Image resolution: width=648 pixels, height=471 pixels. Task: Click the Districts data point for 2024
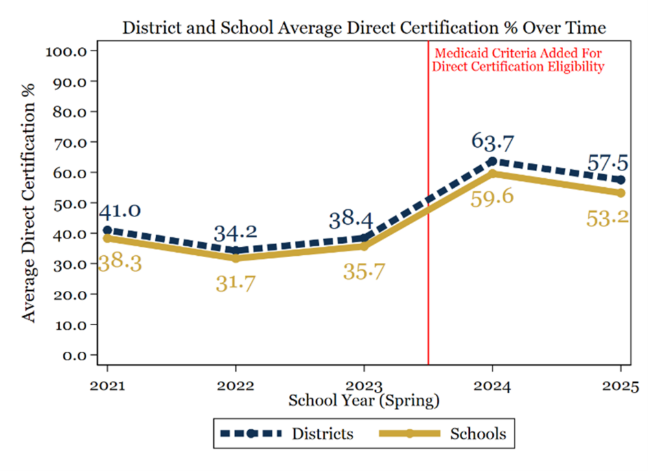point(492,161)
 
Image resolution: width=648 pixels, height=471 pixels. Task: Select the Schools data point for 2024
point(492,173)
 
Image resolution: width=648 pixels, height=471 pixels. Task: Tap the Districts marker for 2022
point(235,251)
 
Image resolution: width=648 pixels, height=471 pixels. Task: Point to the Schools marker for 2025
point(621,193)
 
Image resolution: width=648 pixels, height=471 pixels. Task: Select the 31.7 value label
point(235,282)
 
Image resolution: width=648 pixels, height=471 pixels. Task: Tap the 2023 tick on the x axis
point(364,387)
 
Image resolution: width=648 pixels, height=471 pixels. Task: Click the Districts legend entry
point(288,433)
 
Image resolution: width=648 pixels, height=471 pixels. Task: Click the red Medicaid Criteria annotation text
point(518,59)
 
